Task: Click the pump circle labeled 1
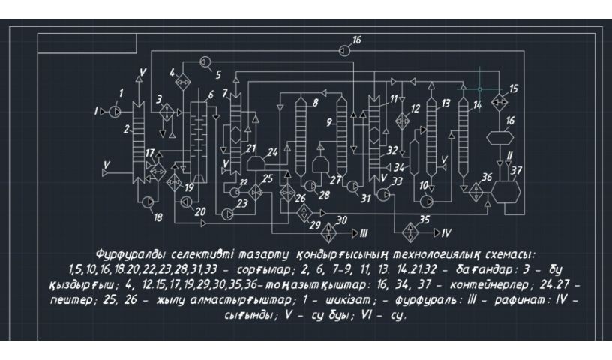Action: pyautogui.click(x=115, y=111)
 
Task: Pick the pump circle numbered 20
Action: pyautogui.click(x=185, y=201)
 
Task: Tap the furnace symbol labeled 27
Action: pyautogui.click(x=322, y=163)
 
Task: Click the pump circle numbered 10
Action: pyautogui.click(x=427, y=200)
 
